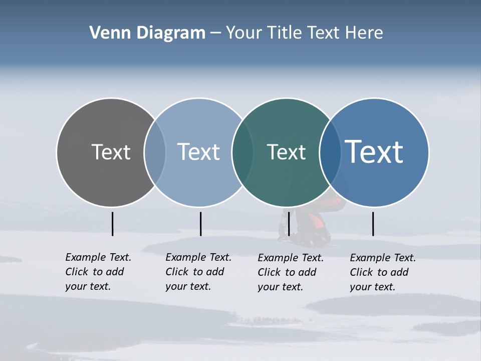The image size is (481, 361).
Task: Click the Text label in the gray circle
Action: point(111,152)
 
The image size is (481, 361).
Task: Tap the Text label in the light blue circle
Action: point(198,152)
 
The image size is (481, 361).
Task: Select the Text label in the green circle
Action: point(286,152)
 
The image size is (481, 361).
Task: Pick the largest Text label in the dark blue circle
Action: point(374,152)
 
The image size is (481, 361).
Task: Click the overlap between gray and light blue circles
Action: point(155,152)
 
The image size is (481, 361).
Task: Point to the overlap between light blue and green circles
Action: point(243,152)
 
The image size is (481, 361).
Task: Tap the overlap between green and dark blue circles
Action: point(330,152)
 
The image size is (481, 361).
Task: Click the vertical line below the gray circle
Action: point(112,224)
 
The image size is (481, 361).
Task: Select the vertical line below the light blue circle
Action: point(200,224)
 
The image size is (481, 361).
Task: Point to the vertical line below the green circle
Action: point(289,224)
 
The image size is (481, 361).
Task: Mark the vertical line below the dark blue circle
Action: point(373,224)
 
